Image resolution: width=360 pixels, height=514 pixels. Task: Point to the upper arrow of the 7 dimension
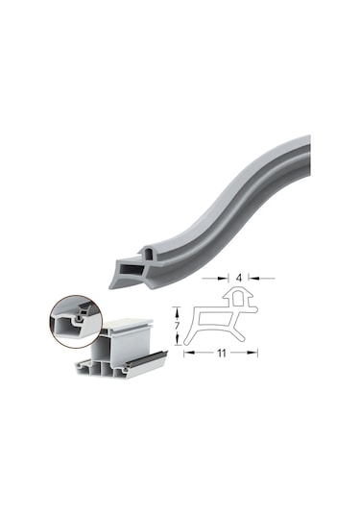175,309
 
